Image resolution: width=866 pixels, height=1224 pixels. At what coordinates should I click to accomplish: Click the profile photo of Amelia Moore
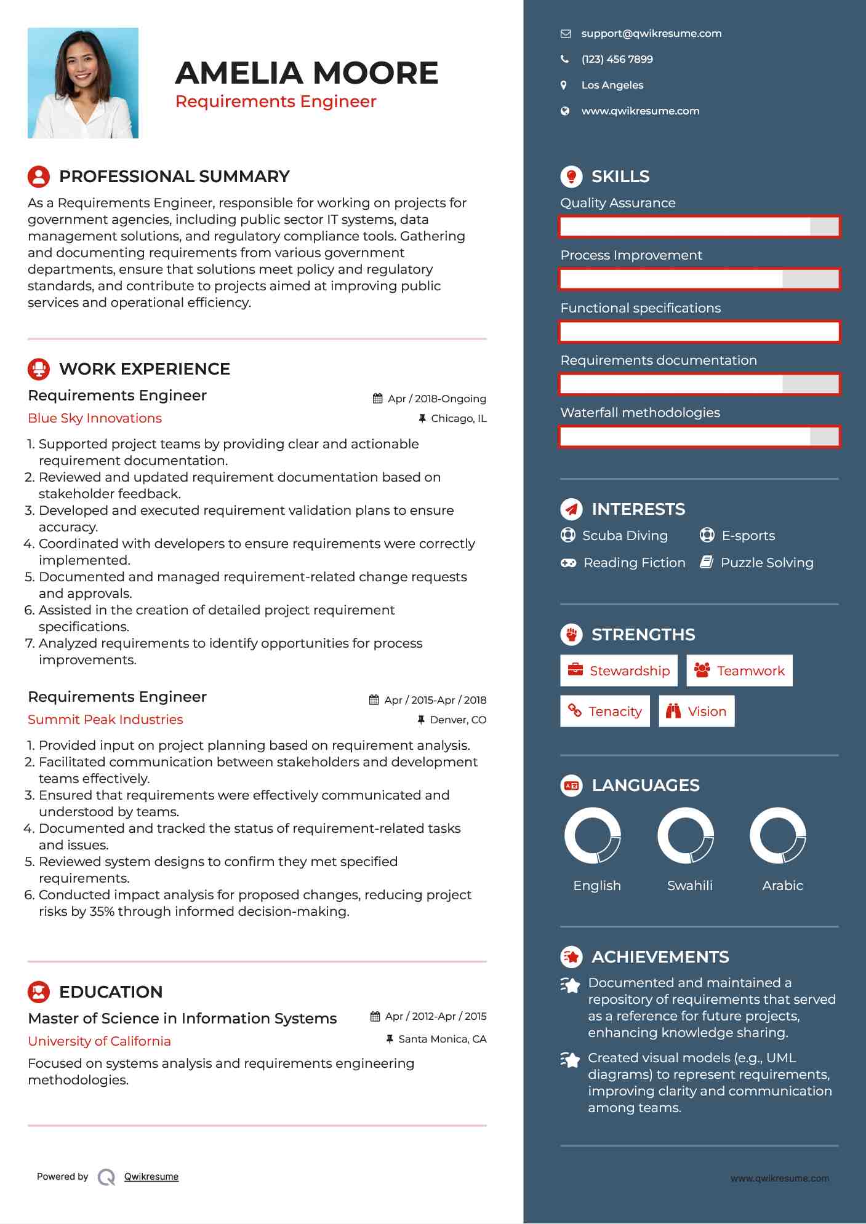coord(83,83)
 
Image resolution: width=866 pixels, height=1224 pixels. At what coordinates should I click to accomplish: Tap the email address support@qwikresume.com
coord(651,34)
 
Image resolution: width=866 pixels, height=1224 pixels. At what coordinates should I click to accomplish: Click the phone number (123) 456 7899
coord(617,60)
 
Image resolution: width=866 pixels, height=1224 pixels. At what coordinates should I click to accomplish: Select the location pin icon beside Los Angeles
coord(564,85)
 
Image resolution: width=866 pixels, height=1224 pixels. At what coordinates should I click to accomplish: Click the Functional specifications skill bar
coord(699,332)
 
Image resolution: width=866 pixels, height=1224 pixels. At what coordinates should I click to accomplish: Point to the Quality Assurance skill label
coord(617,203)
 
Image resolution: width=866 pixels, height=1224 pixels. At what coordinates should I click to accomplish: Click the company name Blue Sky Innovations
coord(95,418)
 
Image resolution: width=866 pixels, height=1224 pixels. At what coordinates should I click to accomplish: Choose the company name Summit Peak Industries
coord(105,720)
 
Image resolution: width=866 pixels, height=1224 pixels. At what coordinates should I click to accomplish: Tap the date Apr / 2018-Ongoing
coord(436,399)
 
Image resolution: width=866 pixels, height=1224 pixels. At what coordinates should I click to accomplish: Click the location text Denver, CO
coord(458,720)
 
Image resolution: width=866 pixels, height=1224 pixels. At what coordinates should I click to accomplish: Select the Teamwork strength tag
coord(739,671)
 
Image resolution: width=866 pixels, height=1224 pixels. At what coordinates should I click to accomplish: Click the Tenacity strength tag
coord(604,712)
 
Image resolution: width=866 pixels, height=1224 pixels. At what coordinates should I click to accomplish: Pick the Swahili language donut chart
coord(686,836)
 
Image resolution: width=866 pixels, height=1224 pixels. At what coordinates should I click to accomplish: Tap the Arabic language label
coord(782,886)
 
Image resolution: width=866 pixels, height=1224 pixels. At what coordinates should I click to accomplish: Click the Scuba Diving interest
coord(625,536)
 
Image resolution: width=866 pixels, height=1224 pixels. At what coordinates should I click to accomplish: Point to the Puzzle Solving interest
coord(766,563)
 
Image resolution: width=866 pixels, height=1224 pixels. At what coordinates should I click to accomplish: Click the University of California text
coord(99,1041)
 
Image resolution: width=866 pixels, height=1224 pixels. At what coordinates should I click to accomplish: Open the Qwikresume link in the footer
coord(151,1177)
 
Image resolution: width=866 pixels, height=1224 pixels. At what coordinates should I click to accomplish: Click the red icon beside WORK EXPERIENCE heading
coord(39,369)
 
